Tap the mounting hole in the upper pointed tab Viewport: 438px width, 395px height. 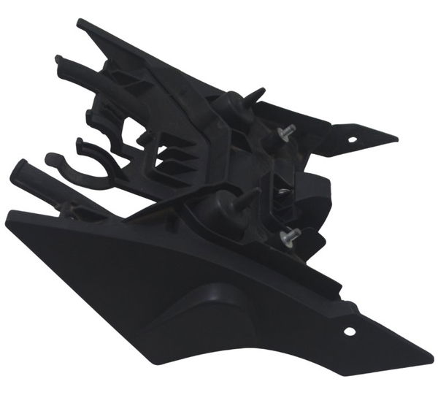tap(352, 137)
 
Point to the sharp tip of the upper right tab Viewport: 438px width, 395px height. tap(396, 137)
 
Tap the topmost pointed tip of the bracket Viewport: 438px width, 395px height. tap(79, 21)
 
